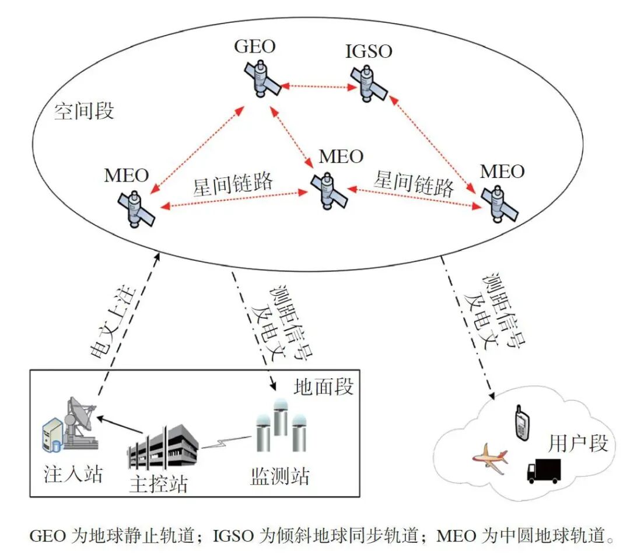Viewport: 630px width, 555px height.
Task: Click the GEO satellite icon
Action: coord(262,78)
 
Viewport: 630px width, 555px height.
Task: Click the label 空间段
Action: coord(84,111)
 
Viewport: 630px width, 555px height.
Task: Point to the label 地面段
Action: coord(324,386)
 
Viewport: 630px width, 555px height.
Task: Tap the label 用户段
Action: coord(577,444)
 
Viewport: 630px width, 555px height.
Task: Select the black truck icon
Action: coord(544,470)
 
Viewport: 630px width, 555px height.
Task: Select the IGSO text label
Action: coord(367,51)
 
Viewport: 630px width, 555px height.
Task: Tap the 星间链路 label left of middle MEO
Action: coord(233,183)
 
